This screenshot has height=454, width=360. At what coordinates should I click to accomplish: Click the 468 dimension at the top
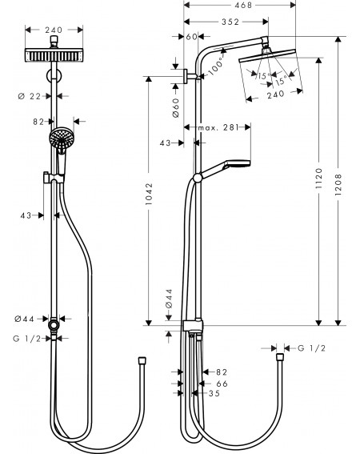point(243,5)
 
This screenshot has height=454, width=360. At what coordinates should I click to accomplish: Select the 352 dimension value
point(230,22)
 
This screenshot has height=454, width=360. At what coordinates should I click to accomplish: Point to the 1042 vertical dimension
point(149,194)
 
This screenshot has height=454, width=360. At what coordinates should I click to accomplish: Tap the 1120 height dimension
point(318,179)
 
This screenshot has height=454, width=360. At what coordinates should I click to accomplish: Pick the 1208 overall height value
point(338,184)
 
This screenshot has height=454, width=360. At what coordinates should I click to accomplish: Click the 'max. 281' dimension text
point(218,127)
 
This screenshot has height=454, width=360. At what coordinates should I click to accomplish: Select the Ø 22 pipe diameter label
point(30,96)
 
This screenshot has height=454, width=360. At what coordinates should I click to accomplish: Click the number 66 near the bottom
point(222,384)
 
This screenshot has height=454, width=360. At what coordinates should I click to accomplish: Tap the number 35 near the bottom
point(214,393)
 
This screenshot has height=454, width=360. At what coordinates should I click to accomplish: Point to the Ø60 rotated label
point(176,107)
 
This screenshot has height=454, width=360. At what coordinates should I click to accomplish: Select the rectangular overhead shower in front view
point(54,55)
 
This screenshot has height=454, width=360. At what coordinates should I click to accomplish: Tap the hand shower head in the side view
point(236,163)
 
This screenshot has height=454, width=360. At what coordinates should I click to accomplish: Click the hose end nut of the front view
point(142,361)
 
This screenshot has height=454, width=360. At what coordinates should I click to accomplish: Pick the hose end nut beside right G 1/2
point(280,357)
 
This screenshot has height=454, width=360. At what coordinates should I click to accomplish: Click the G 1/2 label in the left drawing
point(27,339)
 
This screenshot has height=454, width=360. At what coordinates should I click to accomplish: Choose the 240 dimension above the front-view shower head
point(54,30)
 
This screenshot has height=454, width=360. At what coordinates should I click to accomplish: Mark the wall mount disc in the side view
point(186,76)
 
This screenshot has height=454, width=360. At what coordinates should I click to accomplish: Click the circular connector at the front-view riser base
point(54,325)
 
